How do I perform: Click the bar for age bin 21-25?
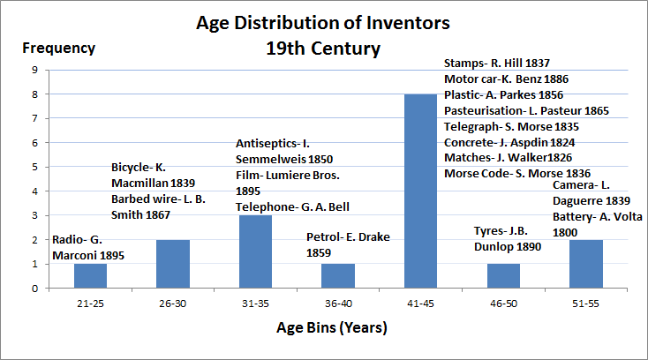click(x=90, y=275)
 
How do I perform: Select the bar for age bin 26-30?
click(x=173, y=263)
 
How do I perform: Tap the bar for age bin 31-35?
click(x=255, y=251)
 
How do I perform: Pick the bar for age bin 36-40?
click(x=337, y=275)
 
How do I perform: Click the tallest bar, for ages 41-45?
click(x=420, y=191)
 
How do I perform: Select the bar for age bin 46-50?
click(x=503, y=275)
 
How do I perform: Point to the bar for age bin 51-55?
click(x=585, y=263)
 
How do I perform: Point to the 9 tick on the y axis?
click(x=34, y=70)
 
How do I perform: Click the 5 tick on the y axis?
click(x=34, y=167)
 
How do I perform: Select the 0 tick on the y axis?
click(x=34, y=288)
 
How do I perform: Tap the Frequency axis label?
click(x=58, y=48)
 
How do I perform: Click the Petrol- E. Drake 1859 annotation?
click(x=348, y=244)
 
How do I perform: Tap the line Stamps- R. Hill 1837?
click(x=497, y=64)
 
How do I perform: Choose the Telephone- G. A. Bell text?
click(x=292, y=206)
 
